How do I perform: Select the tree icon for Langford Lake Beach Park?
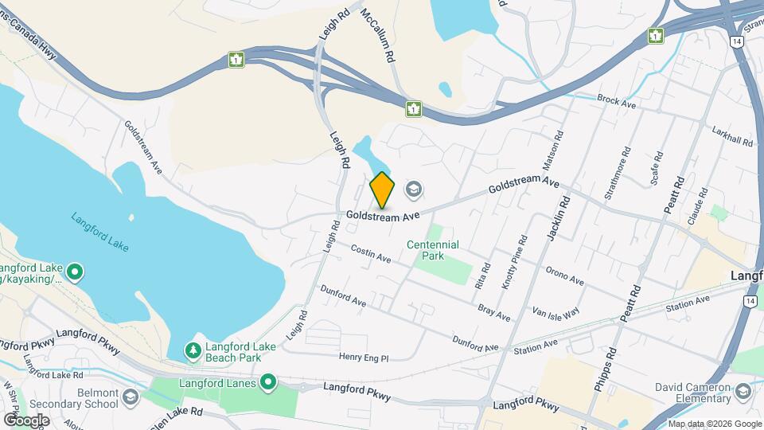(x=193, y=350)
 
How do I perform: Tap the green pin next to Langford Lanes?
(x=268, y=383)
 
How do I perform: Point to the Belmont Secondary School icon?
(x=131, y=397)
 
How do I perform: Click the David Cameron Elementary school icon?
(x=743, y=391)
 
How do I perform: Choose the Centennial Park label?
(x=433, y=251)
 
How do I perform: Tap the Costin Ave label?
(x=371, y=253)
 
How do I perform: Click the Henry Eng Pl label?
(x=364, y=358)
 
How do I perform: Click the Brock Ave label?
(x=617, y=101)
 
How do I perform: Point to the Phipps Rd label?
(x=603, y=367)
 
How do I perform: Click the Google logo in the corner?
(x=26, y=419)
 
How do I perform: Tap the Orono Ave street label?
(x=565, y=276)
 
